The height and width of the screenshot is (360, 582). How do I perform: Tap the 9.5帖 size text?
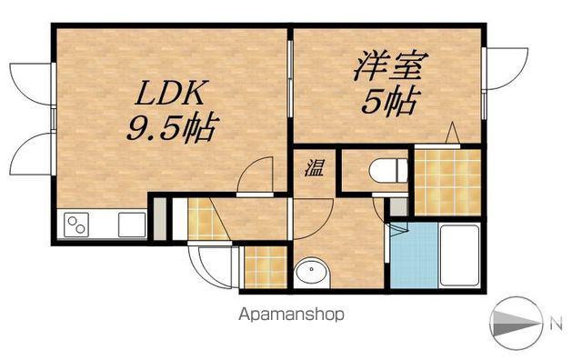(x=173, y=129)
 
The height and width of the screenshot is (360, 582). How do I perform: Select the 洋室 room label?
(x=391, y=65)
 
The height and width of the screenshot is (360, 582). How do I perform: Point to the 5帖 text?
(x=391, y=101)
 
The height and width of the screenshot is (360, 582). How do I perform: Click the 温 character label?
(x=314, y=167)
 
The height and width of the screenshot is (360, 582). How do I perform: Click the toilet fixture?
(x=388, y=170)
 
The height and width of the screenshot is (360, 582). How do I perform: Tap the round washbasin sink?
(x=312, y=272)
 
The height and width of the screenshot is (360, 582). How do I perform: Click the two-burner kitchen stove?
(x=76, y=225)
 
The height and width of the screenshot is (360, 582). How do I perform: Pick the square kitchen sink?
(x=132, y=225)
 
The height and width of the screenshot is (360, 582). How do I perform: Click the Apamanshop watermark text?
(x=291, y=315)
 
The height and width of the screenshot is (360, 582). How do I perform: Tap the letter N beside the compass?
(x=556, y=325)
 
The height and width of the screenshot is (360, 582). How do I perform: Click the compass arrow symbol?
(x=516, y=324)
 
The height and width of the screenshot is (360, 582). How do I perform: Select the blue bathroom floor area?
(x=415, y=255)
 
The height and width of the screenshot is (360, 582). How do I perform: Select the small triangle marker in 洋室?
(x=453, y=133)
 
